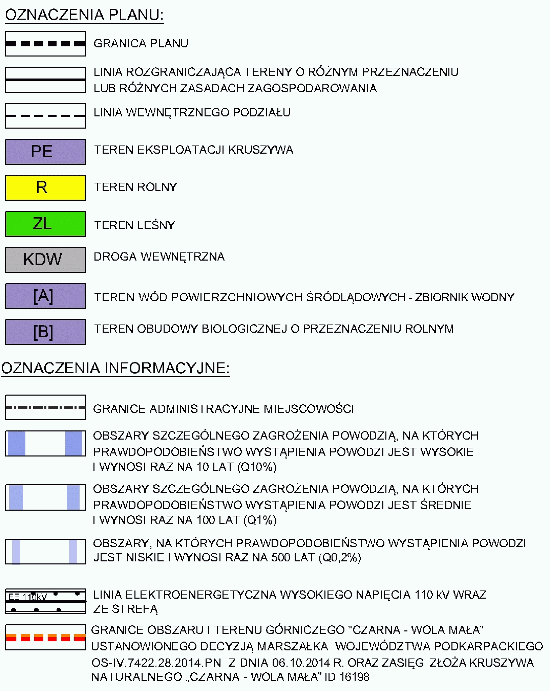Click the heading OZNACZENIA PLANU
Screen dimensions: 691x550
(84, 15)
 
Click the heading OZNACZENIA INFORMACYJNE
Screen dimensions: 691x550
(115, 368)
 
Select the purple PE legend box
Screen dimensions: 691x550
(45, 151)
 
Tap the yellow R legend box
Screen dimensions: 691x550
(45, 187)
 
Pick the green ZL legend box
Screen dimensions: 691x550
(45, 224)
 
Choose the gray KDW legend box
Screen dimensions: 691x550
(45, 260)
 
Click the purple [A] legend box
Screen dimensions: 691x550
(45, 296)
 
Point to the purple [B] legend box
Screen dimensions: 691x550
(45, 332)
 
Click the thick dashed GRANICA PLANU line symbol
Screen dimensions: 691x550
(45, 44)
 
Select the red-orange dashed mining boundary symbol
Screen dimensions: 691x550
(45, 638)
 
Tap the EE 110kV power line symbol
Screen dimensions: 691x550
(45, 601)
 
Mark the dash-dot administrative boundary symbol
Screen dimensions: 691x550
(45, 407)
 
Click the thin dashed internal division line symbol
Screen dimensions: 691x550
(45, 116)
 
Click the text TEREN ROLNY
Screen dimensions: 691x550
(135, 187)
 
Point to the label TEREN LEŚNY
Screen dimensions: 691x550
(134, 225)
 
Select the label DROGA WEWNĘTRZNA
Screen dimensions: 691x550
(159, 257)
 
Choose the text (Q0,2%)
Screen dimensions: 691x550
(340, 557)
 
